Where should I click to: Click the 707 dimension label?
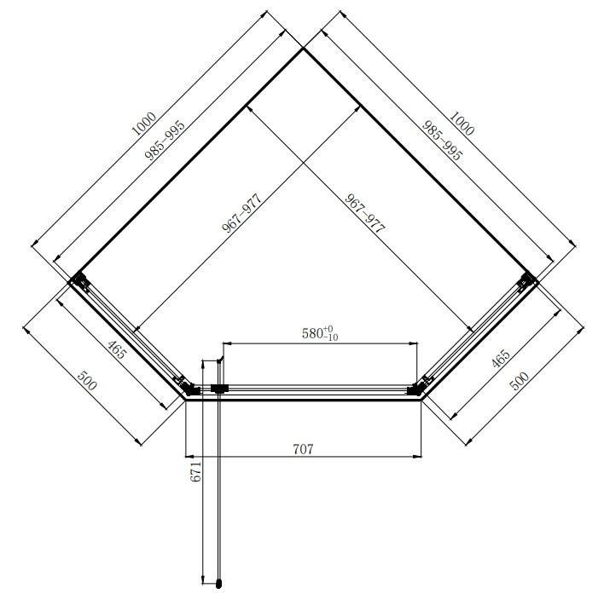click(x=303, y=449)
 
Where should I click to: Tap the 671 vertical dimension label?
click(x=196, y=472)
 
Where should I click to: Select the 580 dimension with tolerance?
click(x=320, y=333)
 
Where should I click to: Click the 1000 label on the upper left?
click(x=144, y=124)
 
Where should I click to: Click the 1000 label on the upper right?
click(x=462, y=124)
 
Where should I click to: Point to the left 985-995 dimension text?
click(x=165, y=141)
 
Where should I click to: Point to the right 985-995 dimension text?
click(x=442, y=141)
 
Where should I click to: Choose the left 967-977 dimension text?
click(x=241, y=213)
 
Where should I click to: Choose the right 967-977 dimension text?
click(x=365, y=213)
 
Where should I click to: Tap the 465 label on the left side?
click(x=117, y=349)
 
